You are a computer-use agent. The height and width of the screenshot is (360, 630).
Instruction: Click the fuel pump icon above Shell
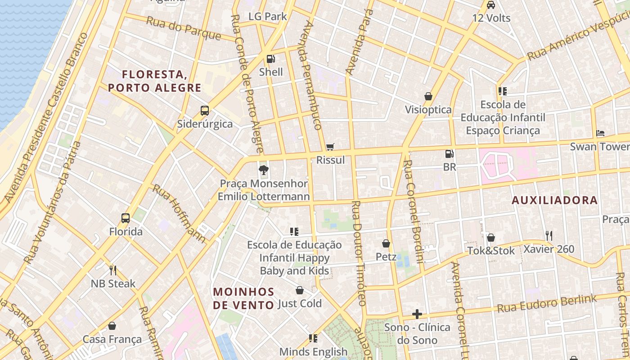(270, 58)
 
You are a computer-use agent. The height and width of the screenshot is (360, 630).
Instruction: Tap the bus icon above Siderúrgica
(205, 110)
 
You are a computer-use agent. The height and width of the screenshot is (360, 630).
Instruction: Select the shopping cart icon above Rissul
(330, 147)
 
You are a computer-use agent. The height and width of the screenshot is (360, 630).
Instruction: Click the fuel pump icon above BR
(449, 154)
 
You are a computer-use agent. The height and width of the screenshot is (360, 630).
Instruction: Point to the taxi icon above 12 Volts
(491, 5)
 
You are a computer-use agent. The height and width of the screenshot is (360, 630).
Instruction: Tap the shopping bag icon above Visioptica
(428, 96)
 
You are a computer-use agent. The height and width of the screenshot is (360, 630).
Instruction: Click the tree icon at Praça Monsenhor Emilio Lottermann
(264, 170)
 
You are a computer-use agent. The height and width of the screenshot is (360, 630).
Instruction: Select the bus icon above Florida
(126, 218)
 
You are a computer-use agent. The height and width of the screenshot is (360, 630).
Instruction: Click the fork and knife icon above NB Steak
(113, 270)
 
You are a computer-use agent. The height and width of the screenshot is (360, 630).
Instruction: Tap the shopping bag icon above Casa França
(112, 326)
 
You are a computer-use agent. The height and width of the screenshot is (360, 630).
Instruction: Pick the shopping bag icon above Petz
(386, 243)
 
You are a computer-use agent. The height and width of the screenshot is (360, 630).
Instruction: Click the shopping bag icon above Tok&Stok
(491, 237)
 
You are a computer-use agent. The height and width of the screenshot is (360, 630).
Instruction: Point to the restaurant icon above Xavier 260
(549, 235)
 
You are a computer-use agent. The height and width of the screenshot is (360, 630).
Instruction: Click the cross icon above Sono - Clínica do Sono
(417, 314)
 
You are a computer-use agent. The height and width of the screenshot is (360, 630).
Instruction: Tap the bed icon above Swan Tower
(600, 133)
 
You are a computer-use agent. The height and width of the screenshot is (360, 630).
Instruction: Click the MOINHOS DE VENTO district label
(243, 298)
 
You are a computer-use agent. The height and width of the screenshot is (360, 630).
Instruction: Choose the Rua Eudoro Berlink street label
(547, 303)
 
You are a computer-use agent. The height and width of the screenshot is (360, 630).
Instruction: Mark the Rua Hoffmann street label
(179, 213)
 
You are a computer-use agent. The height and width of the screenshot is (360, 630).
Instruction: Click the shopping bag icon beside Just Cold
(300, 290)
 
